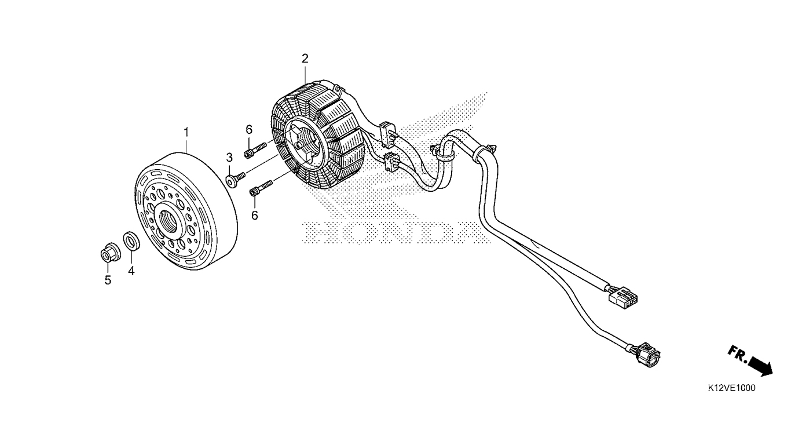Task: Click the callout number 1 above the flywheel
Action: (x=186, y=133)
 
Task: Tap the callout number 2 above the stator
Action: (x=305, y=59)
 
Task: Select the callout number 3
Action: (x=229, y=158)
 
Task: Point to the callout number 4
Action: (x=131, y=271)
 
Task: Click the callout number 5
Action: (x=108, y=280)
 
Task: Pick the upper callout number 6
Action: (x=249, y=130)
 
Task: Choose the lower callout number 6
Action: (x=255, y=215)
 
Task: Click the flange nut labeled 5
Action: (x=109, y=252)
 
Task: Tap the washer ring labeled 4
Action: (x=131, y=240)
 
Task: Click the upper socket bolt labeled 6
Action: (x=255, y=150)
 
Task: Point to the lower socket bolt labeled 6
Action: (x=261, y=188)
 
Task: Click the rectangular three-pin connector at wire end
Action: (x=622, y=298)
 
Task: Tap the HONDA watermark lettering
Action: (x=395, y=233)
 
